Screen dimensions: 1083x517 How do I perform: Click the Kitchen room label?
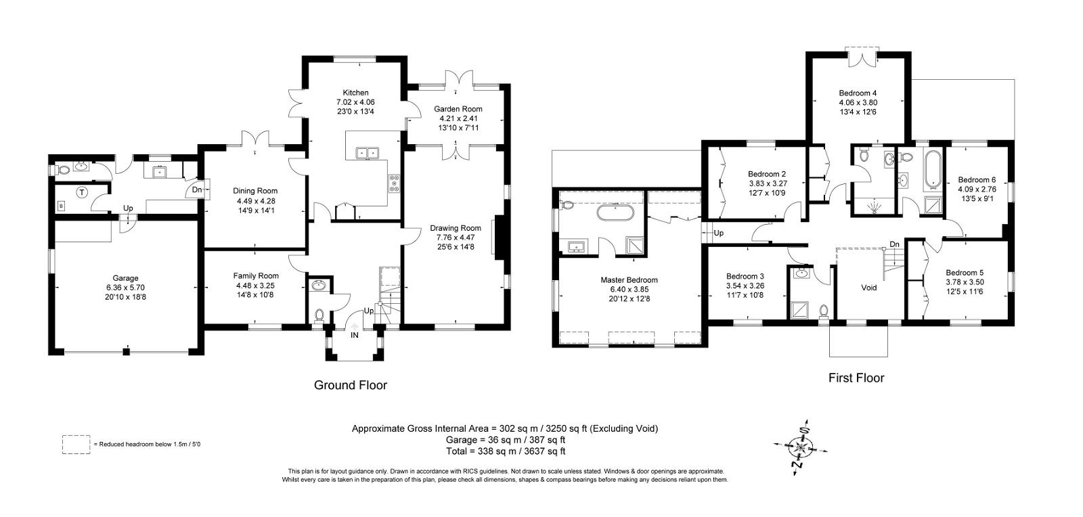(355, 93)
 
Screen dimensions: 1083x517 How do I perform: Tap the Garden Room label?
(458, 109)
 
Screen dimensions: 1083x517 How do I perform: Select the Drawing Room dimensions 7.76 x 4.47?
(456, 238)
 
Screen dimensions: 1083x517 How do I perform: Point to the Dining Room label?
(255, 191)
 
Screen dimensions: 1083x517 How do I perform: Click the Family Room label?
(256, 276)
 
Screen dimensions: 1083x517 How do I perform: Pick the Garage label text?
(125, 278)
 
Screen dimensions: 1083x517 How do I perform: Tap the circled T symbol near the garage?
(82, 193)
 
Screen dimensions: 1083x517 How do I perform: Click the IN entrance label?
(355, 335)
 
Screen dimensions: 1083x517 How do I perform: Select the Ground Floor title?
(351, 385)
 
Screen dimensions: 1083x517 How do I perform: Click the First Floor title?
(856, 378)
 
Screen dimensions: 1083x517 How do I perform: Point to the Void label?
(869, 288)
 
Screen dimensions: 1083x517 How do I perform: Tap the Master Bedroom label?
(629, 279)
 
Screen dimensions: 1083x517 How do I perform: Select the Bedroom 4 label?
(858, 93)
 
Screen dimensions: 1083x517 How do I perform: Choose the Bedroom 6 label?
(977, 180)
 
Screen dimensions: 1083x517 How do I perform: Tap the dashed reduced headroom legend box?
(76, 445)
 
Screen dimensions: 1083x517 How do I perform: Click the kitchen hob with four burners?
(395, 183)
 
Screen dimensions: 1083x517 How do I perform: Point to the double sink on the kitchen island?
(368, 153)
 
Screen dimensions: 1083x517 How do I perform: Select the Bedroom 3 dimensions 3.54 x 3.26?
(745, 286)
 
